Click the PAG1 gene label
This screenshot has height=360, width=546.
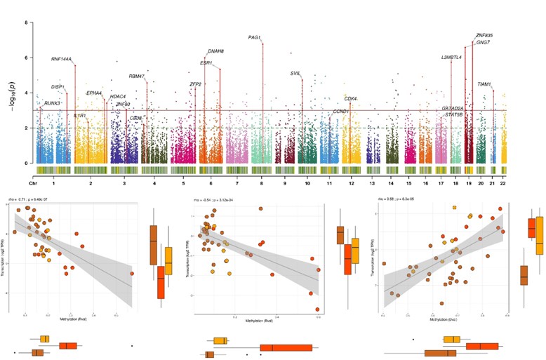point(255,37)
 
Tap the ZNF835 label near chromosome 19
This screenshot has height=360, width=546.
point(484,35)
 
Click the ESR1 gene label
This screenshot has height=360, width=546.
point(206,63)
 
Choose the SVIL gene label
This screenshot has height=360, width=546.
point(295,74)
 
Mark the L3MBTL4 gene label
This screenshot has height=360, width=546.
point(451,58)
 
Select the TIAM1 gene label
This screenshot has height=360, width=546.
point(484,84)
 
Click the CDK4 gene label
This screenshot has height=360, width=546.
point(352,99)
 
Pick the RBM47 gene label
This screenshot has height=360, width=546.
point(137,76)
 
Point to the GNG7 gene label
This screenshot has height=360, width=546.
point(484,43)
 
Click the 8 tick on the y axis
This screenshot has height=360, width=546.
point(27,22)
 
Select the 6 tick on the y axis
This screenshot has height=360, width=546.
point(27,58)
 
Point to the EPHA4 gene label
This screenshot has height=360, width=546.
point(94,93)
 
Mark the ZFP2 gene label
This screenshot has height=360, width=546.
point(196,84)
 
